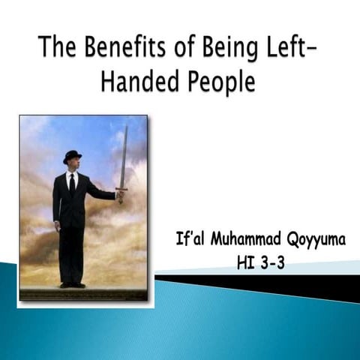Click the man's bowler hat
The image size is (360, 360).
point(73,155)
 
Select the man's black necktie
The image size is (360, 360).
point(71,183)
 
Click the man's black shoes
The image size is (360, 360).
point(72,284)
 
